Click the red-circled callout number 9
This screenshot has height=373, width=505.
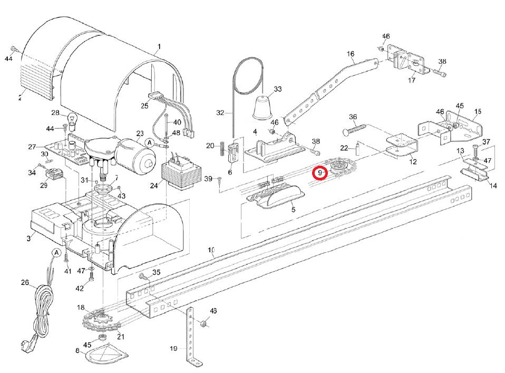point(320,173)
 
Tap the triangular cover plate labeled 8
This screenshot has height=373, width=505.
point(107,355)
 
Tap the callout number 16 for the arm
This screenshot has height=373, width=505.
point(351,54)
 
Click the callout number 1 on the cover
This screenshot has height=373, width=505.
point(158,46)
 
